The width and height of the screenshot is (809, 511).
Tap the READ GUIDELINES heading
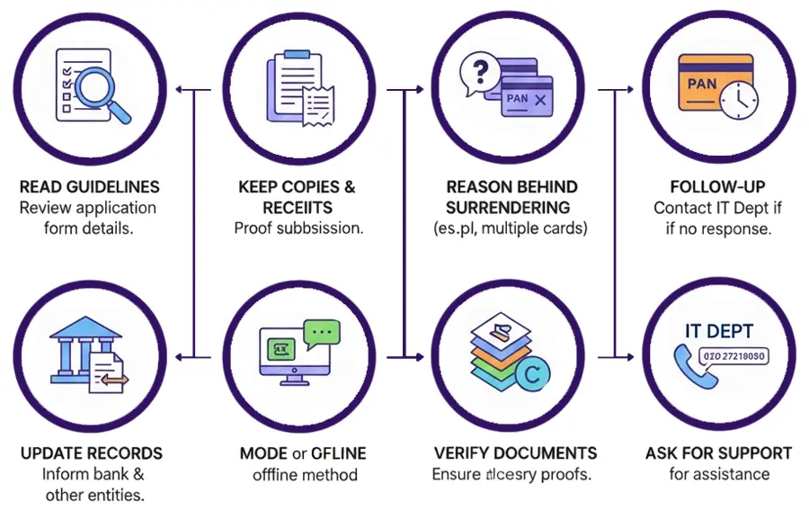pos(89,187)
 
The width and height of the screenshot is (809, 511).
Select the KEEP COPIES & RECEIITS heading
pos(296,197)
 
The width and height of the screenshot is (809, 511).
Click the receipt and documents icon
pos(296,91)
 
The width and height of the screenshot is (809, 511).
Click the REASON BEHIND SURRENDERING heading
pos(511,197)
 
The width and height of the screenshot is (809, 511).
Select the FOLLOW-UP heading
pos(717,187)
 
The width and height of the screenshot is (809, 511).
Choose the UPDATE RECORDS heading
pos(91,453)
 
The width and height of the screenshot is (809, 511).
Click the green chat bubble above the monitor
pos(322,335)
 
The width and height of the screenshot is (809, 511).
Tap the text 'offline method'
pos(305,474)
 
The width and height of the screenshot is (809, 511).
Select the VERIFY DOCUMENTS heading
pos(515,453)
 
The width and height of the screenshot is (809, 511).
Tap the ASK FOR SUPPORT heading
pos(718,453)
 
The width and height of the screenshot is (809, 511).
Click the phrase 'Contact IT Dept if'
pos(717,208)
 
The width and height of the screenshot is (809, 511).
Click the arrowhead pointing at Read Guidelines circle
pos(180,90)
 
